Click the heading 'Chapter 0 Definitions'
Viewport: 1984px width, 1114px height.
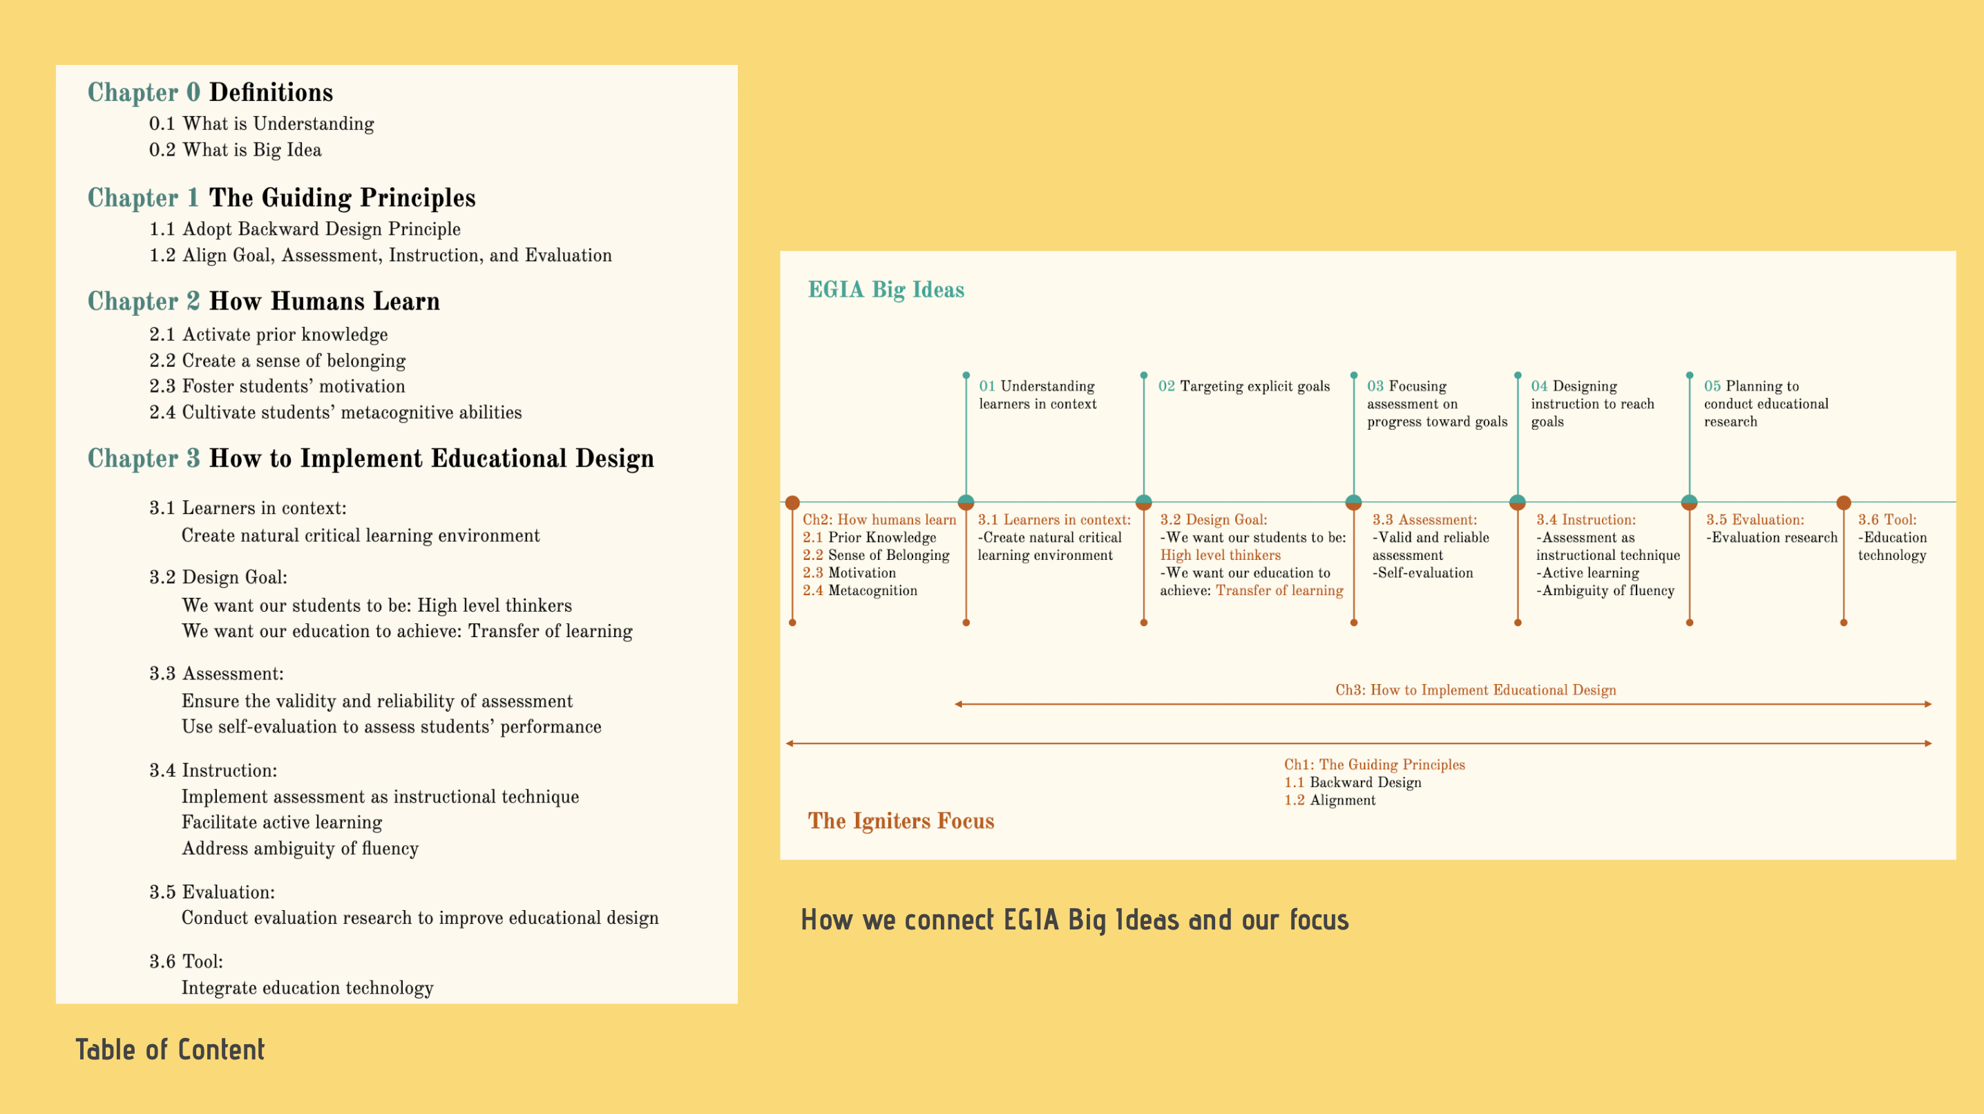tap(210, 93)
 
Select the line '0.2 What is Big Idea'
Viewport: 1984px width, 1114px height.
tap(235, 149)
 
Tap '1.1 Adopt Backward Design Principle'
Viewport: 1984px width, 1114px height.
tap(304, 229)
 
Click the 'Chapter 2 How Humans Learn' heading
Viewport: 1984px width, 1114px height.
tap(263, 301)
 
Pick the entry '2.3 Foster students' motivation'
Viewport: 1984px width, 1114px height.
tap(276, 386)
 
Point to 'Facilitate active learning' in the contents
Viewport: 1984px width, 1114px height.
tap(282, 822)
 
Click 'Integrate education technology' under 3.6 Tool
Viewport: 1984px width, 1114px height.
tap(307, 988)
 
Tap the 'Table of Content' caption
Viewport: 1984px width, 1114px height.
tap(170, 1049)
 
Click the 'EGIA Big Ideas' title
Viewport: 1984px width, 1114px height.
tap(886, 290)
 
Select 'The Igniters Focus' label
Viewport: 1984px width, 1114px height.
tap(901, 820)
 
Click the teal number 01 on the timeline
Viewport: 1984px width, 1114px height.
tap(986, 386)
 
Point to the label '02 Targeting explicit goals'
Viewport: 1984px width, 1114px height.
tap(1244, 386)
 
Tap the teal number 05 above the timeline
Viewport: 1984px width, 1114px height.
tap(1712, 386)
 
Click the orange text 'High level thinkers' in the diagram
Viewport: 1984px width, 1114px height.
tap(1221, 555)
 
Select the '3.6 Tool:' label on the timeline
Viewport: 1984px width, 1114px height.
tap(1887, 519)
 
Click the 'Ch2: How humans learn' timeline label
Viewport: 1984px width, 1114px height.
tap(879, 519)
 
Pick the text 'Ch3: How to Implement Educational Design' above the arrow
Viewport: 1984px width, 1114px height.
tap(1476, 690)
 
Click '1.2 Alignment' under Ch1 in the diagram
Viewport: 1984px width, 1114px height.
tap(1329, 800)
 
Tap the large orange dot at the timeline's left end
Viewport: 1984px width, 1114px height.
tap(792, 503)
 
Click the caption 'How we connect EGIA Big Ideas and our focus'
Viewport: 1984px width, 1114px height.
tap(1074, 919)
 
